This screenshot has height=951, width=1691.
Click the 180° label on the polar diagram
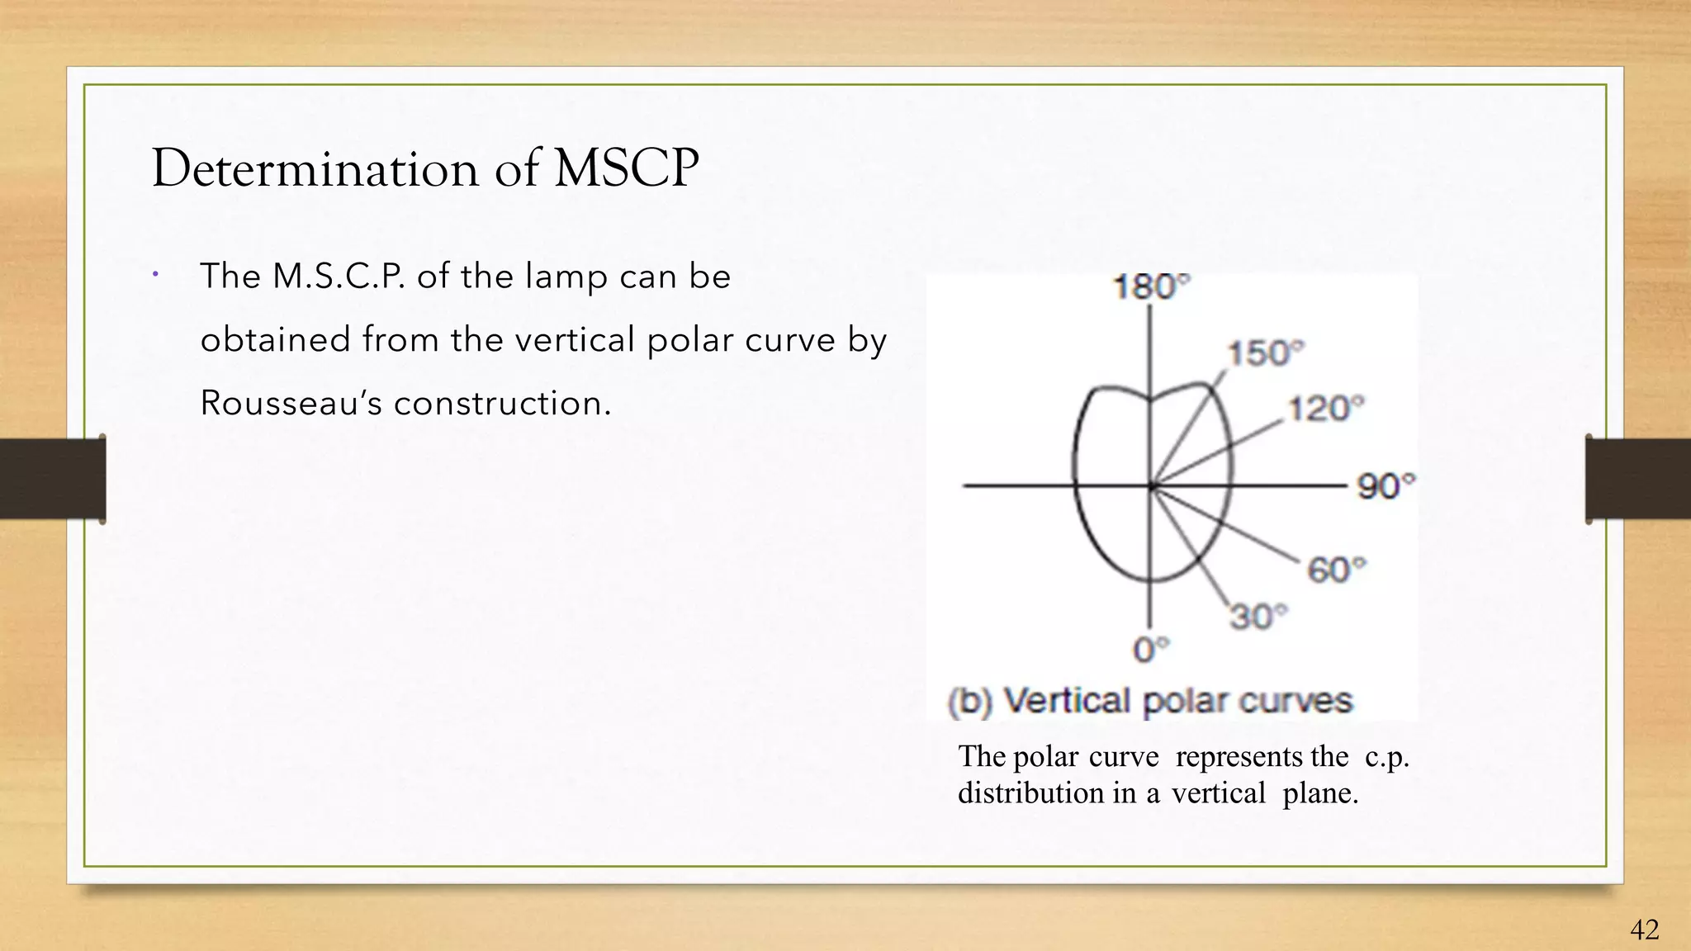click(x=1151, y=287)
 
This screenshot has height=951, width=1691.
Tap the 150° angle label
click(x=1265, y=353)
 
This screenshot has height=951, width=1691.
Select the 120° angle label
click(x=1326, y=409)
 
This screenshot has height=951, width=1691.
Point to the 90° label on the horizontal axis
click(x=1385, y=486)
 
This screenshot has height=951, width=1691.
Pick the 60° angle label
click(x=1336, y=570)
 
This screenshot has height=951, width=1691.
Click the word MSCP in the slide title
click(x=626, y=168)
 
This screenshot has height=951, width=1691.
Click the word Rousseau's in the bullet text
click(x=291, y=404)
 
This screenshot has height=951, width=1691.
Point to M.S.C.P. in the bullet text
click(x=339, y=277)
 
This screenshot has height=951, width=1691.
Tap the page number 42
click(x=1644, y=930)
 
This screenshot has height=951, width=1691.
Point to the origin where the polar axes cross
click(x=1151, y=486)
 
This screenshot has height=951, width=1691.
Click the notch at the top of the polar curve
click(x=1150, y=400)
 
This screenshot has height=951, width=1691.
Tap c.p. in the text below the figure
click(x=1386, y=757)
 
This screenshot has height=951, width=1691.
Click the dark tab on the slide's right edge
click(x=1637, y=479)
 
